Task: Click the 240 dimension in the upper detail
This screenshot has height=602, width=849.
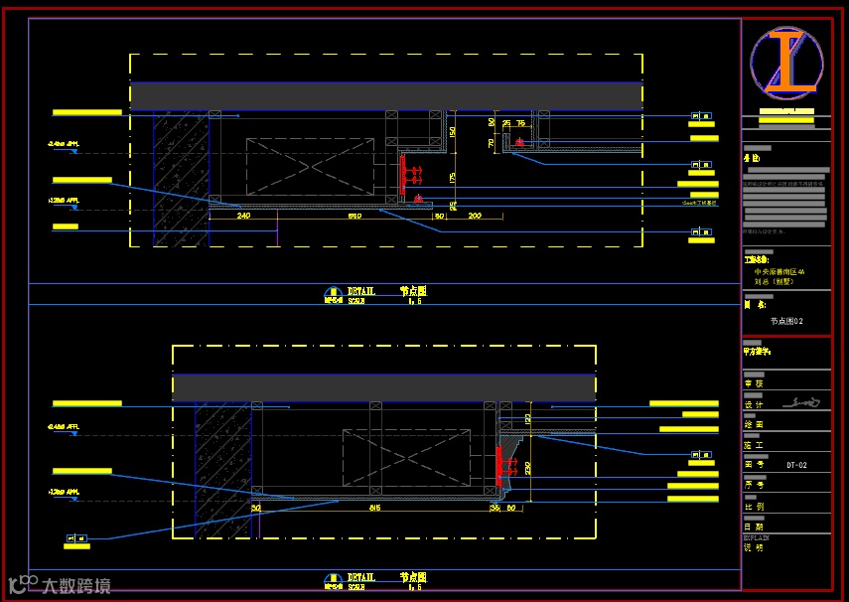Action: pos(243,215)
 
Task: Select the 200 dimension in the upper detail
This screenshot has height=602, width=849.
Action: pos(474,216)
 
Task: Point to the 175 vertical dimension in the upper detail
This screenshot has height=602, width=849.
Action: pos(453,177)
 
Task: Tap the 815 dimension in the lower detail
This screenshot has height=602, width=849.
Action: pos(374,507)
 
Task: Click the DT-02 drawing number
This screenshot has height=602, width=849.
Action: pos(796,465)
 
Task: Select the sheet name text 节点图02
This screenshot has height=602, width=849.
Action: pos(786,321)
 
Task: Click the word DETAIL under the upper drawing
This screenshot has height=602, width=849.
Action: pos(361,291)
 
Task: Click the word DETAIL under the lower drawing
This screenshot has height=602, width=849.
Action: pos(361,576)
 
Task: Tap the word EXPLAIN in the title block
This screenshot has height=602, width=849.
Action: pos(757,537)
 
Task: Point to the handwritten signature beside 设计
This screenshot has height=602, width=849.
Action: pos(802,403)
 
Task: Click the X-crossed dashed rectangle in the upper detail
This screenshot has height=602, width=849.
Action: pos(310,166)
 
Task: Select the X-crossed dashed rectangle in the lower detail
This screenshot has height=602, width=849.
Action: pos(406,457)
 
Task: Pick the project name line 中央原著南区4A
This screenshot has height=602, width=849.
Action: pos(779,271)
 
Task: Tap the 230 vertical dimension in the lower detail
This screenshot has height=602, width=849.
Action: pos(528,467)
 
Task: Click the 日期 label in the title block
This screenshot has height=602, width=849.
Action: pos(755,527)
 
